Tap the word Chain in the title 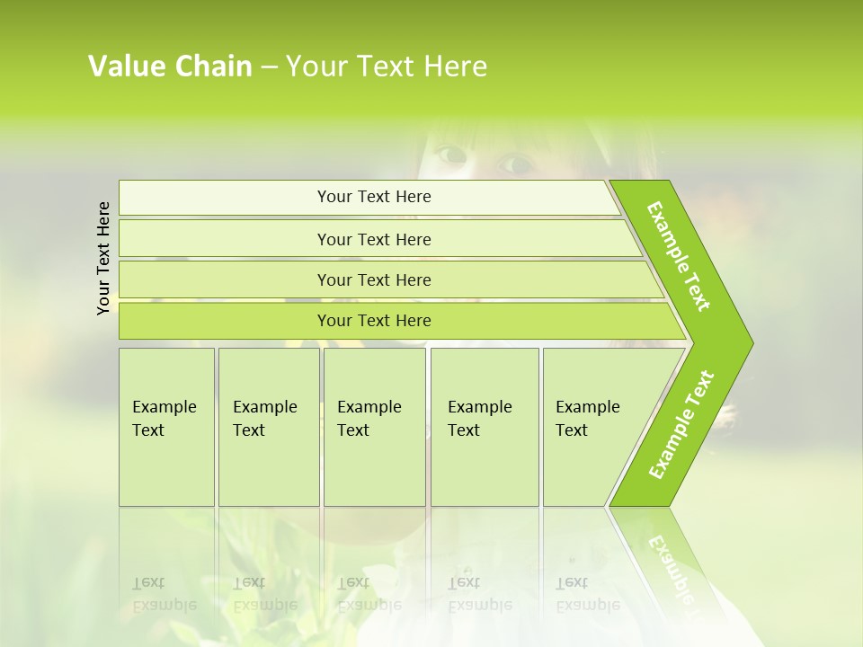tap(213, 66)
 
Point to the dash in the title tap(269, 67)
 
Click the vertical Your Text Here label tap(103, 258)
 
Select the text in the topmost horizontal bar tap(374, 197)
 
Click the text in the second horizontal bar tap(374, 240)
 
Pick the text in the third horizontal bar tap(374, 280)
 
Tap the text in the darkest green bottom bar tap(374, 321)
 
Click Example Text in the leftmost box tap(164, 419)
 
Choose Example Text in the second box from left tap(264, 419)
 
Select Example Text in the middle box tap(369, 419)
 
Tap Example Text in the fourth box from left tap(479, 419)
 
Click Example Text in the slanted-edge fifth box tap(587, 419)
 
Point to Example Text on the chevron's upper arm tap(679, 256)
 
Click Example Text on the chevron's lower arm tap(681, 425)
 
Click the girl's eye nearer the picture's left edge tap(450, 155)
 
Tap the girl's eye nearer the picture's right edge tap(515, 164)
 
